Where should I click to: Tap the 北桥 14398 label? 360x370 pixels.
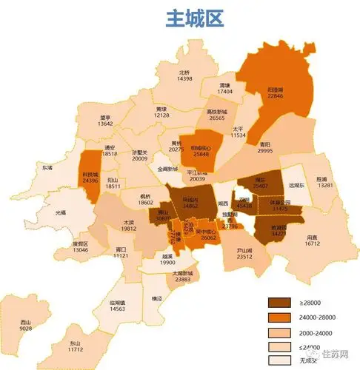[x=185, y=77]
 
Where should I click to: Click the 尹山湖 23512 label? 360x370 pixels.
[x=244, y=254]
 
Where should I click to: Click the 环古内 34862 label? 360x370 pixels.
[x=190, y=202]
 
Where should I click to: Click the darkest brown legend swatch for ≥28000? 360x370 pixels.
[x=279, y=303]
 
